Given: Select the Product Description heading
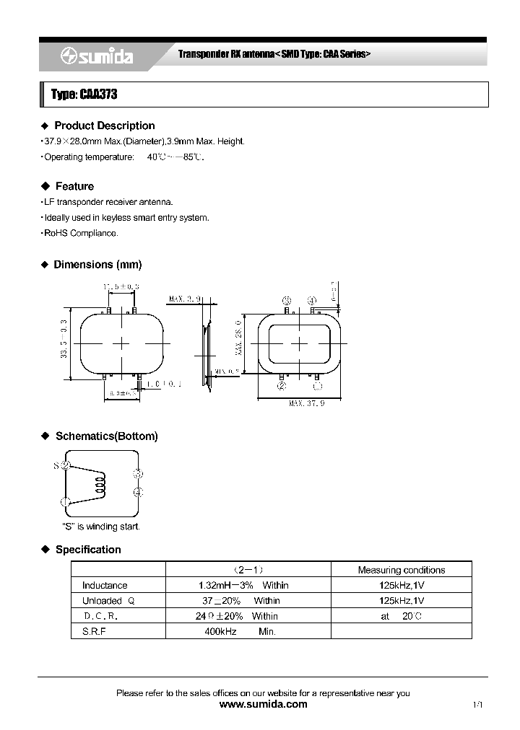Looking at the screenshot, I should (x=104, y=126).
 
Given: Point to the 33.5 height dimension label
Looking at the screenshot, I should (x=64, y=343).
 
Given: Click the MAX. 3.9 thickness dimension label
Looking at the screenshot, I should (x=186, y=298).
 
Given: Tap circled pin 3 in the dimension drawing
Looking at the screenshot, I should (x=287, y=300).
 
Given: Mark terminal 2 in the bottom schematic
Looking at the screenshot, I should (x=65, y=466).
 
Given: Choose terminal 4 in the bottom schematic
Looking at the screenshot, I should (x=137, y=492).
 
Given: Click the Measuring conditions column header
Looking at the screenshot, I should (x=401, y=570).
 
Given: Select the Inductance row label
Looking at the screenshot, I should (x=105, y=585).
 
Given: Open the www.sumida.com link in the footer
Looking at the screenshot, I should (x=262, y=704).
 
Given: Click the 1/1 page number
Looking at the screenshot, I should (x=477, y=705).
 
